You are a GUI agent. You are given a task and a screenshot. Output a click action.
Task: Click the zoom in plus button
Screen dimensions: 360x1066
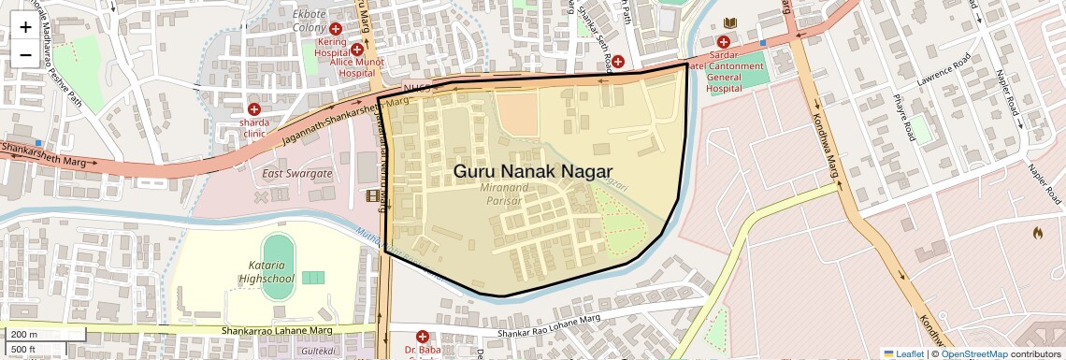25,27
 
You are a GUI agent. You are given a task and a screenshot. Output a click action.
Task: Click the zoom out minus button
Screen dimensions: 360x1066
25,55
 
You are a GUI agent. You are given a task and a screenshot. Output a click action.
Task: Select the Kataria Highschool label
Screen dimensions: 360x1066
266,272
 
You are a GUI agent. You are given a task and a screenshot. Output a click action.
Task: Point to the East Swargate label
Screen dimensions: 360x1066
296,174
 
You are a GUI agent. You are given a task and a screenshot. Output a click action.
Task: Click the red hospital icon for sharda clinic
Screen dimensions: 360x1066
254,109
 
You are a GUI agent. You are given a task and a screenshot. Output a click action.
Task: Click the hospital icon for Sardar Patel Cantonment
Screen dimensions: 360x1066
723,41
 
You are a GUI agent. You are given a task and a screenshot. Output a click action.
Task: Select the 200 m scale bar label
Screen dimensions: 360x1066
24,335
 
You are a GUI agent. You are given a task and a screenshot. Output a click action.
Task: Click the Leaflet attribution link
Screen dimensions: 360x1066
902,353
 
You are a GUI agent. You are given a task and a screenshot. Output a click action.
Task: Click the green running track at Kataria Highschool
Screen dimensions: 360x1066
276,255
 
